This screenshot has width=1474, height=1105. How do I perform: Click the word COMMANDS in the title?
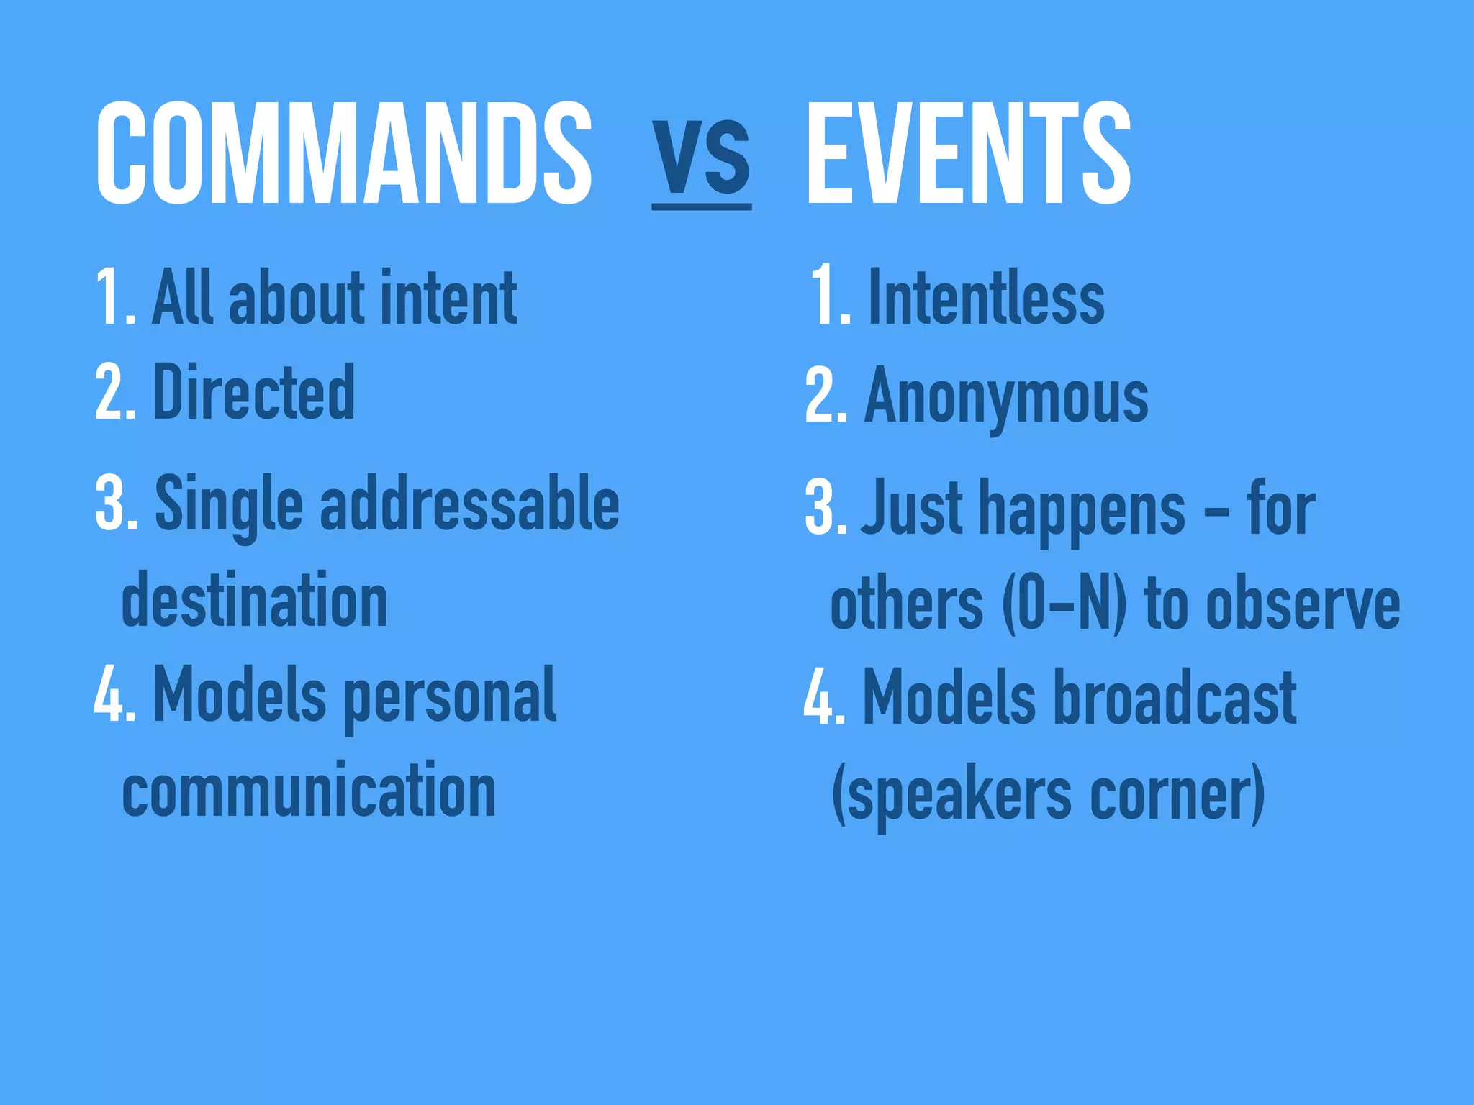[x=344, y=153]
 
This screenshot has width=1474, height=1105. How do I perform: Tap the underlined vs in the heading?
[x=702, y=157]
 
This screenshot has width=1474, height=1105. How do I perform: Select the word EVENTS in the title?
[x=969, y=153]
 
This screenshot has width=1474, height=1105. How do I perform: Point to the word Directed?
[x=254, y=392]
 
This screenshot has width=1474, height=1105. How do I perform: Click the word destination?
[x=255, y=600]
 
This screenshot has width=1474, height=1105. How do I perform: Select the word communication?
[x=309, y=790]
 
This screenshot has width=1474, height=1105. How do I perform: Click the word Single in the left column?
[x=229, y=505]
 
